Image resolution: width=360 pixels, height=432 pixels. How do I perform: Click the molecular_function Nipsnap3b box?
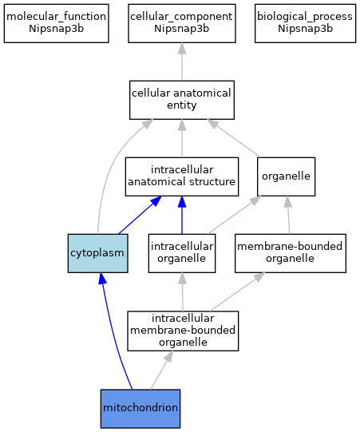[56, 23]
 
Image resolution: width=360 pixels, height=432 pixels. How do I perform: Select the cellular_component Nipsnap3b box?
[182, 23]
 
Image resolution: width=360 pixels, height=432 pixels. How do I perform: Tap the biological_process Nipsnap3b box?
[305, 23]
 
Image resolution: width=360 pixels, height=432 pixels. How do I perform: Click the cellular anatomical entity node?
[182, 100]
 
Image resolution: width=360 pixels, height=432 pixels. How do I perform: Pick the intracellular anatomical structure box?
[182, 176]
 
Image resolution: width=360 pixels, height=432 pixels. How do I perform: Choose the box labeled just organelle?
[287, 176]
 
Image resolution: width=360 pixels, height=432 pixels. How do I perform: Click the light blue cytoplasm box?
[97, 253]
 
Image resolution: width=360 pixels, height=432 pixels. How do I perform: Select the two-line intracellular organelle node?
[182, 253]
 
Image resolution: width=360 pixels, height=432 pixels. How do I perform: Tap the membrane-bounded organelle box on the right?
[291, 253]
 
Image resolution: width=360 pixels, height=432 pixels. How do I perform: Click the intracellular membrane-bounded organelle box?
[183, 331]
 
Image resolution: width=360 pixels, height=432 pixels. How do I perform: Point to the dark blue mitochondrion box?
[140, 409]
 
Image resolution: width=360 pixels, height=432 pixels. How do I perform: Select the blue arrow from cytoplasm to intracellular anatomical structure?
[140, 215]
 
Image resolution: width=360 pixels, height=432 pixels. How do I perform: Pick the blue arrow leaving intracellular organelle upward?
[182, 215]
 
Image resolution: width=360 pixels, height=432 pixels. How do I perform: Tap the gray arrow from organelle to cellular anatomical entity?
[234, 138]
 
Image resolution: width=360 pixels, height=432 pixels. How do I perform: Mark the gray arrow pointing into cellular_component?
[182, 61]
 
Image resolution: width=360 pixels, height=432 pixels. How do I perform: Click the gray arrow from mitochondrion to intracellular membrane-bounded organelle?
[162, 370]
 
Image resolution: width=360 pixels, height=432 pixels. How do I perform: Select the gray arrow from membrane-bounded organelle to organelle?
[288, 215]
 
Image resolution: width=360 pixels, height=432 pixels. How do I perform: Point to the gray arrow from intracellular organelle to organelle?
[235, 215]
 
